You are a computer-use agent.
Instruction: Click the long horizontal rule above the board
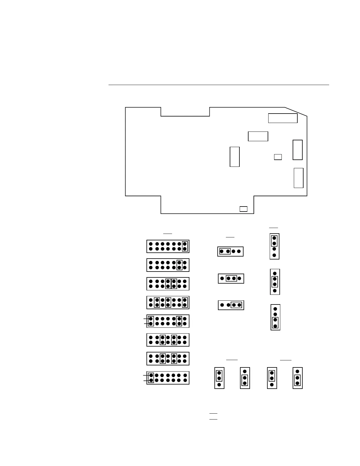pos(219,85)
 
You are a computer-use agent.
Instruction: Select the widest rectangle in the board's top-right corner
pos(283,118)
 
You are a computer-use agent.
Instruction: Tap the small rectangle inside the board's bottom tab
pos(243,209)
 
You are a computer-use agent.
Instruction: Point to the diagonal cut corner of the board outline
pos(296,112)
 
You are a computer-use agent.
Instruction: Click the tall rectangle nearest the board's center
pos(234,157)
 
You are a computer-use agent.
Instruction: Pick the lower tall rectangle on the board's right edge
pos(299,178)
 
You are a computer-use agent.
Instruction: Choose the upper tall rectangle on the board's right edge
pos(298,150)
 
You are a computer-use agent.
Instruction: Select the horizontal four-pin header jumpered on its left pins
pos(230,252)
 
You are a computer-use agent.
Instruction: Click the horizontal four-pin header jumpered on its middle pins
pos(231,278)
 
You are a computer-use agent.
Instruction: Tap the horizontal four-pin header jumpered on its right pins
pos(231,305)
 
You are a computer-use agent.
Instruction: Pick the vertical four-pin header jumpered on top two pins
pos(274,247)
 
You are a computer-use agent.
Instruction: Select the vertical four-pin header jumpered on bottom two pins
pos(275,317)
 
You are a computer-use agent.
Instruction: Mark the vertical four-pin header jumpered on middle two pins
pos(275,282)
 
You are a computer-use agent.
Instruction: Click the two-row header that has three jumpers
pos(168,302)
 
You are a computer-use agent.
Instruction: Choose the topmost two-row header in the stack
pos(168,246)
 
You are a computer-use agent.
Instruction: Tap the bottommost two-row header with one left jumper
pos(168,378)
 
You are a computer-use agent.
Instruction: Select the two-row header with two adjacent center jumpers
pos(168,284)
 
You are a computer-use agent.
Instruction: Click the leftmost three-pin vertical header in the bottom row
pos(219,378)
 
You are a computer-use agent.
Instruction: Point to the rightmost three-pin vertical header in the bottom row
pos(297,378)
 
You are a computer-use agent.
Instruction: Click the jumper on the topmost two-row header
pos(185,246)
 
